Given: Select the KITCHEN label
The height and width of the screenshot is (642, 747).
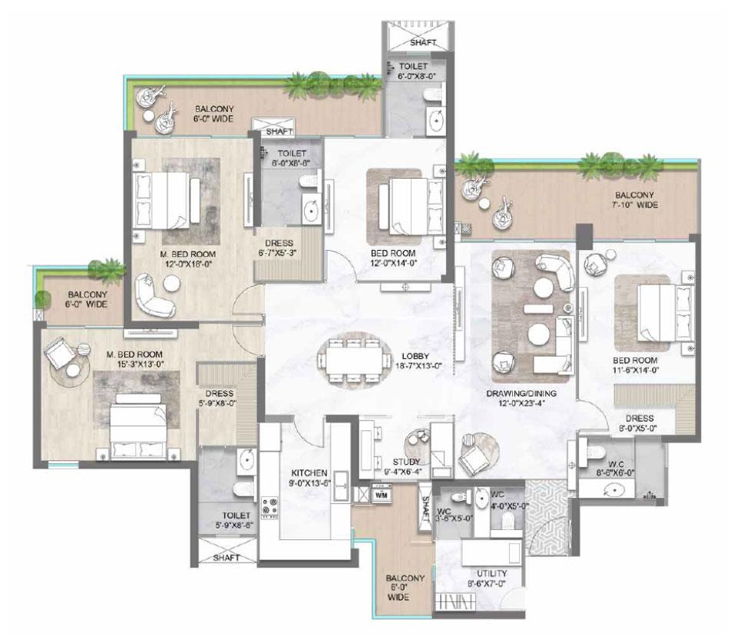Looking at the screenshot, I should coord(310,472).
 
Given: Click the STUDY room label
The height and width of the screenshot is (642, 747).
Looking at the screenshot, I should coord(405,462).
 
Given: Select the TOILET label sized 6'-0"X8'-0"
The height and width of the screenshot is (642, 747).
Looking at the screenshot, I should coord(413,77).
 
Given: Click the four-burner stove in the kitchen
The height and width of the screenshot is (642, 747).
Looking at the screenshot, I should coord(271,506).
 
